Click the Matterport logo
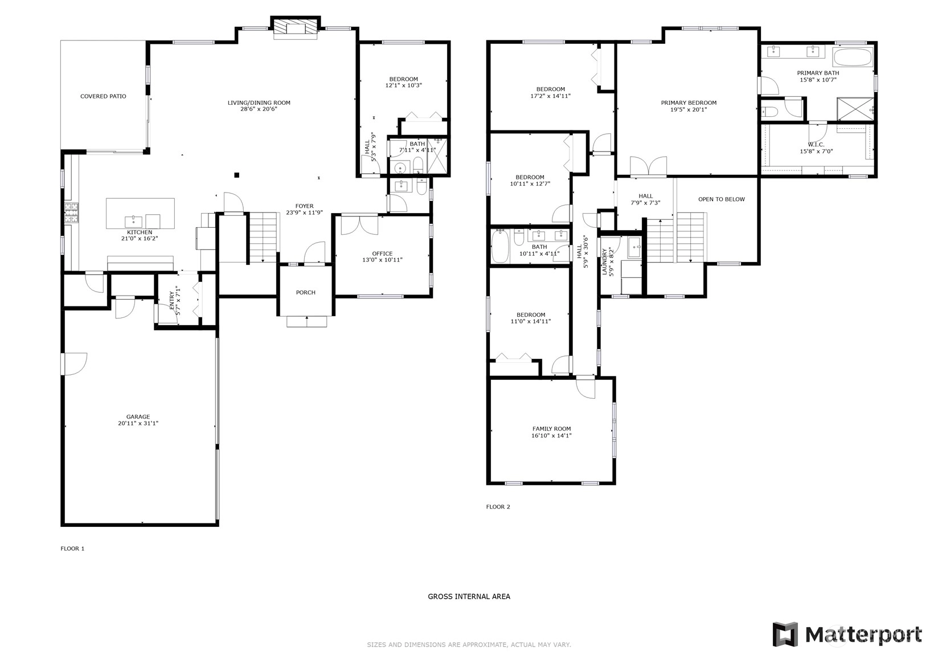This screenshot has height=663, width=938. [847, 635]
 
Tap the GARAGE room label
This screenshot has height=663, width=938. [138, 417]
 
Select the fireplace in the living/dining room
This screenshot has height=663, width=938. [296, 28]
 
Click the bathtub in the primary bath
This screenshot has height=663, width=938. [853, 56]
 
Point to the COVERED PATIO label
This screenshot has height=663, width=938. [103, 96]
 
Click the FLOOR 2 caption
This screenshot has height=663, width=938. [498, 507]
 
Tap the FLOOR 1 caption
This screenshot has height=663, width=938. [72, 549]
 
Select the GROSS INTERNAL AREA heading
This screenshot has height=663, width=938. [469, 596]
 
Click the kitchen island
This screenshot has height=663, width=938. [140, 214]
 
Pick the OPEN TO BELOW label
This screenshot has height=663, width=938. [722, 199]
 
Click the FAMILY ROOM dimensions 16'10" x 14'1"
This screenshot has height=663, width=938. [551, 436]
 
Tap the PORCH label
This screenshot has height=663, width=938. [306, 292]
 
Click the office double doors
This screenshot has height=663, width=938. [359, 224]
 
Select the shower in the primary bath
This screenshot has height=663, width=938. [855, 109]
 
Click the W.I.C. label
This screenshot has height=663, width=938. [816, 145]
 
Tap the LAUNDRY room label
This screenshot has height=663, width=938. [604, 262]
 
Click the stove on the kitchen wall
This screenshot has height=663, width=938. [71, 213]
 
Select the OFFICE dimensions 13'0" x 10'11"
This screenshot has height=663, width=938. [382, 260]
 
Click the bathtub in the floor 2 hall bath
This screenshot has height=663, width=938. [500, 245]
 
